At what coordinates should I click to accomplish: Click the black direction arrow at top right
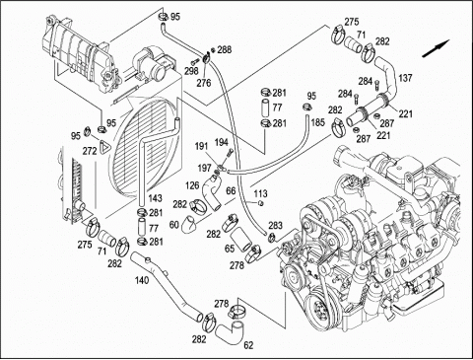(x=436, y=48)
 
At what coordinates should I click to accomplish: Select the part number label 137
(x=405, y=78)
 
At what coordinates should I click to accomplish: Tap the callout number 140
(x=142, y=280)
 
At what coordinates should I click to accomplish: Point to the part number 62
(x=248, y=345)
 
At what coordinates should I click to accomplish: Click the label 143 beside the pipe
(x=155, y=198)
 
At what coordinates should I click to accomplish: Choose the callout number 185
(x=317, y=122)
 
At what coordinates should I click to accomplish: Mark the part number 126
(x=192, y=185)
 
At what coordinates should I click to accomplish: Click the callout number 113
(x=260, y=193)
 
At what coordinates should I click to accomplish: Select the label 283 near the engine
(x=275, y=225)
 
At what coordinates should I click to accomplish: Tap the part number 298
(x=191, y=71)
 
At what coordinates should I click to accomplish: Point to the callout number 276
(x=204, y=83)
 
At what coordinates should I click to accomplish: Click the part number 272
(x=90, y=151)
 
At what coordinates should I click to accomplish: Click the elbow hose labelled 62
(x=232, y=332)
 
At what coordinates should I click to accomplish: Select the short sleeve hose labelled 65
(x=240, y=242)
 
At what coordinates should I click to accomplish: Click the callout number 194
(x=222, y=142)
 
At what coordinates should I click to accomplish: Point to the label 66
(x=231, y=190)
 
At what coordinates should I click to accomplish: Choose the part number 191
(x=201, y=146)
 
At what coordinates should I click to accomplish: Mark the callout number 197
(x=204, y=168)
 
